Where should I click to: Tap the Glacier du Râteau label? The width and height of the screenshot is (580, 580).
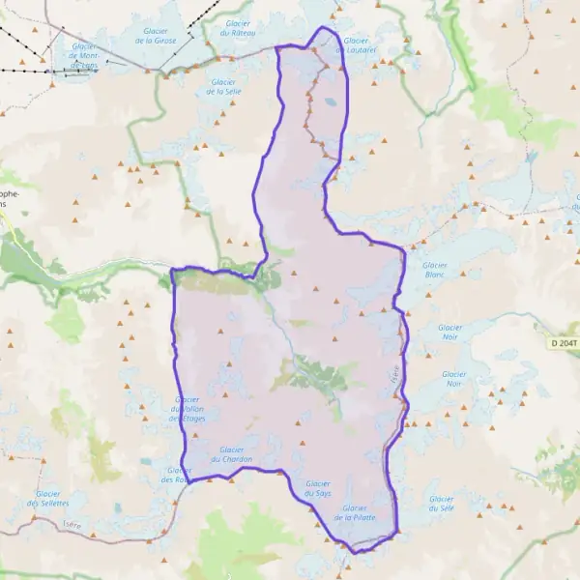[238, 28]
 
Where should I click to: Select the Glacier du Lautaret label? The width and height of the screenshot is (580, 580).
[356, 45]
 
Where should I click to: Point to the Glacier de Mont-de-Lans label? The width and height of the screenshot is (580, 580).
[83, 56]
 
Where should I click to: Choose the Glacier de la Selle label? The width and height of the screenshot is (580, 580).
[222, 87]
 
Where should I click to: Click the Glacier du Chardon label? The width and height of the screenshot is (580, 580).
[236, 454]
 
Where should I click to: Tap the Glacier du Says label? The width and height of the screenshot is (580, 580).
[318, 488]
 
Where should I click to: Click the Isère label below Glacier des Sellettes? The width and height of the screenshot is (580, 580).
[71, 525]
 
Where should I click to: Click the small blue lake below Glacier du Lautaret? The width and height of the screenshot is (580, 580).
[331, 101]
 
